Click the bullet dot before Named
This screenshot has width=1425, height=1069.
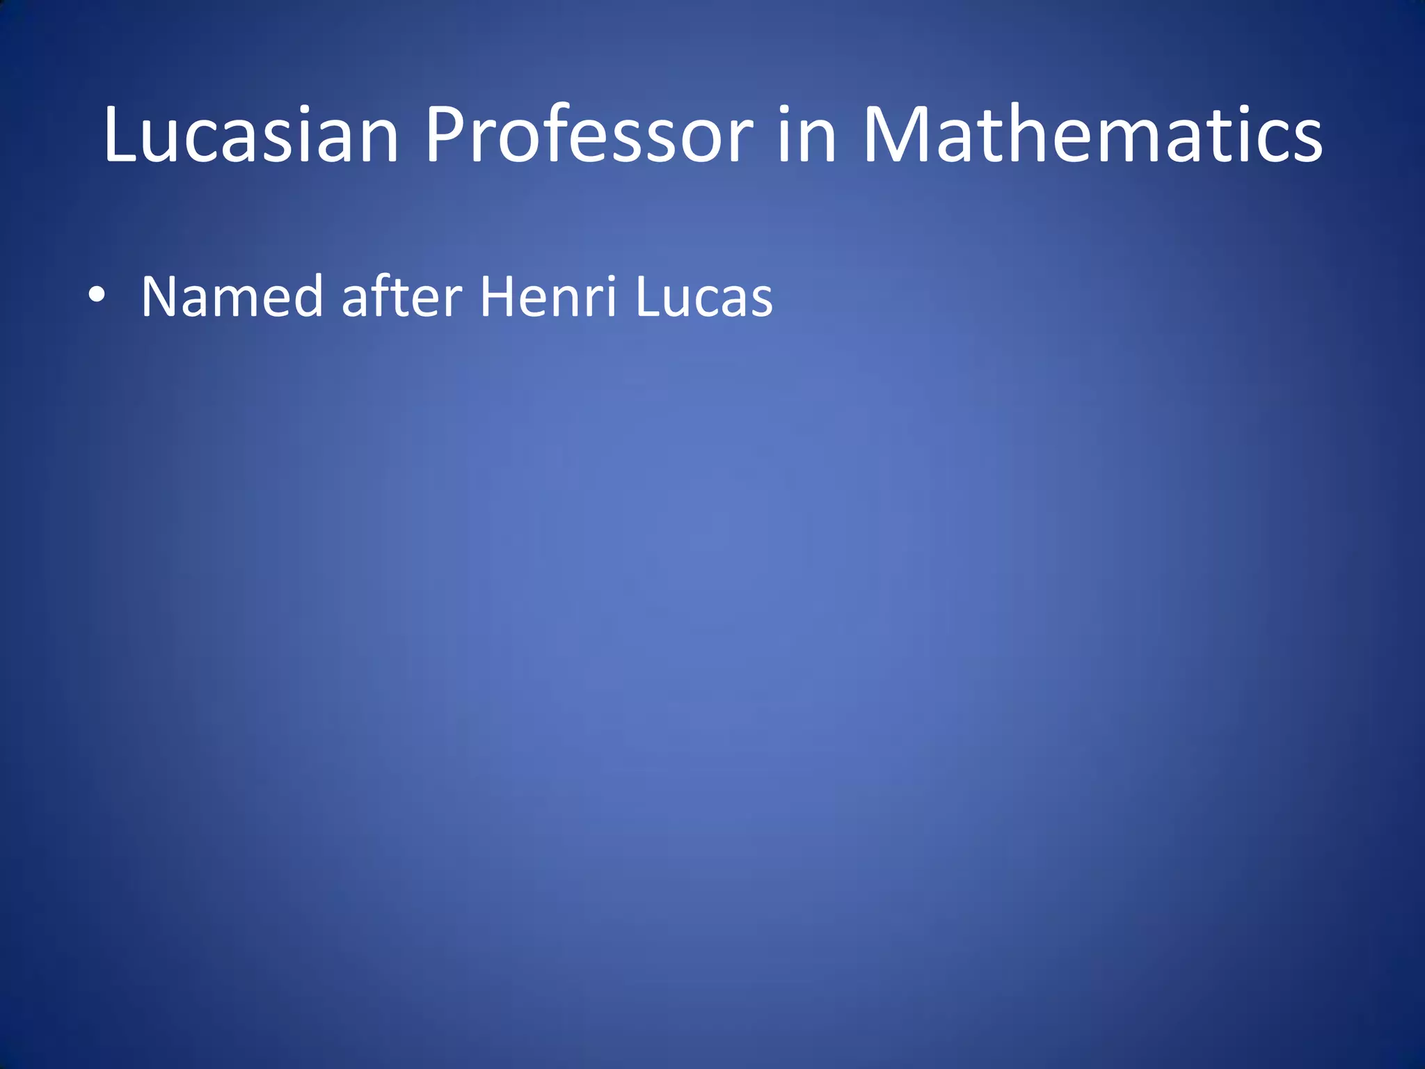coord(97,295)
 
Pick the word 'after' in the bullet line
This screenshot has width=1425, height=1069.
coord(401,297)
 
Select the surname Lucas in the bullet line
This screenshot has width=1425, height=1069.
coord(703,297)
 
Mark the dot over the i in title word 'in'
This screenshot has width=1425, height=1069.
coord(786,109)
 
